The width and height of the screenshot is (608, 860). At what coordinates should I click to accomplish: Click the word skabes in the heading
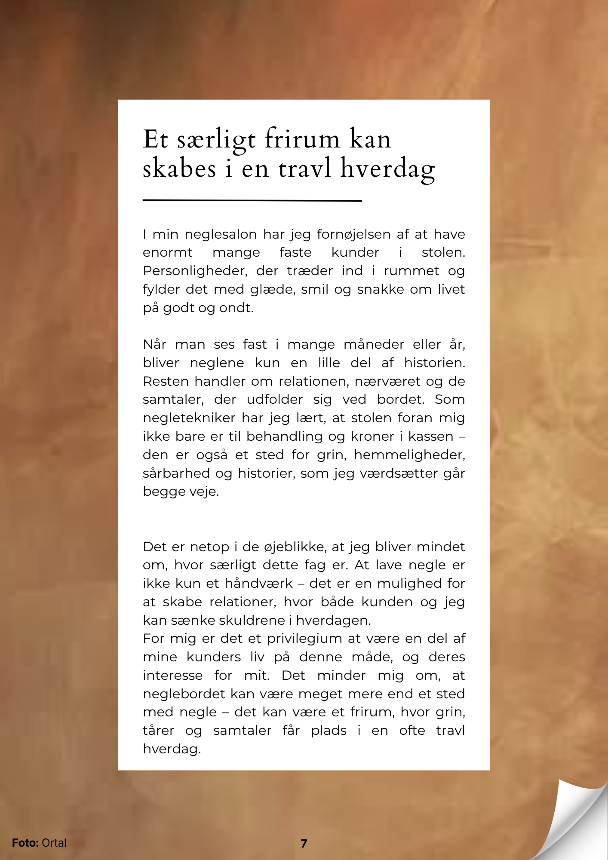tap(179, 168)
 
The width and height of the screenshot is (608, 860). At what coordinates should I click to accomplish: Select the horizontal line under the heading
tap(252, 200)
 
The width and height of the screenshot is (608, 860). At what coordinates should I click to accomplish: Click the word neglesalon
tap(221, 234)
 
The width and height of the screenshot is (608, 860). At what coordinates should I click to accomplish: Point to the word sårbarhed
tap(176, 473)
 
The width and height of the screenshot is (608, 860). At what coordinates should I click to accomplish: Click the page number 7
tap(304, 843)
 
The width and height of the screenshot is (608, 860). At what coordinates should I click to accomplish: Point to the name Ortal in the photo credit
tap(54, 843)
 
